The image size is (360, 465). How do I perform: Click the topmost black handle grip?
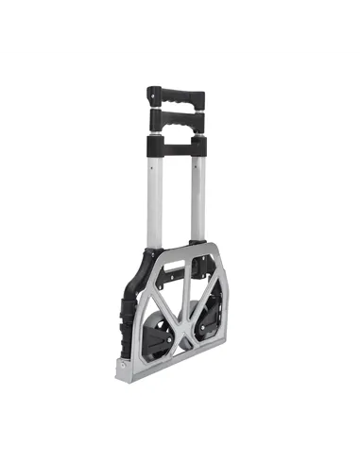(177, 98)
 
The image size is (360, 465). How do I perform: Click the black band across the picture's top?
(180, 22)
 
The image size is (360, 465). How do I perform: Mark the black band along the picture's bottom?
(180, 440)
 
